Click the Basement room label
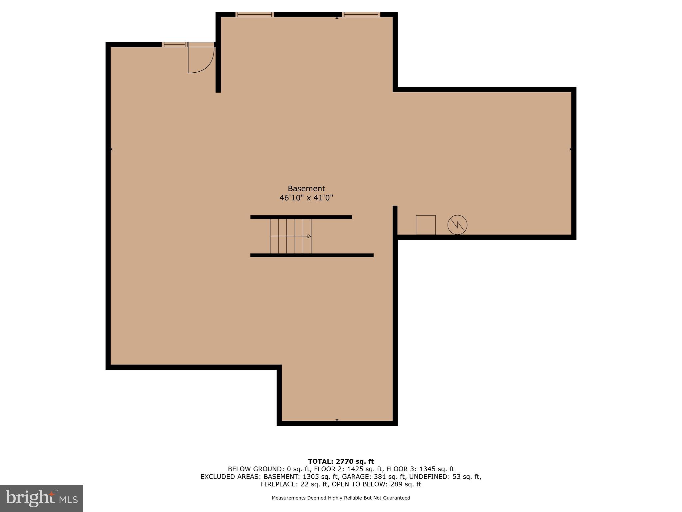pos(306,189)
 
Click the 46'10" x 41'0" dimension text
pos(306,198)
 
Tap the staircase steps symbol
pos(290,236)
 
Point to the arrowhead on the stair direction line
pos(309,236)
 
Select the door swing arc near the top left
pos(201,60)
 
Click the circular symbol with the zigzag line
pos(457,225)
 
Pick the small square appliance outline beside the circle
pos(426,225)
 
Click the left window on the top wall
pos(254,14)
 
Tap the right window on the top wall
pos(361,14)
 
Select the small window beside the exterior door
pos(174,44)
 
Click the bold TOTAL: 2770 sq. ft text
pos(341,462)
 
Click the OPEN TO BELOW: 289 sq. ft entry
pos(376,484)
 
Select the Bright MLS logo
pos(42,498)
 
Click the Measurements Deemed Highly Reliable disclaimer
pos(341,498)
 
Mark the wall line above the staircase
pos(301,217)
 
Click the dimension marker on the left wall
pos(111,149)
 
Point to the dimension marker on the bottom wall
pos(337,420)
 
